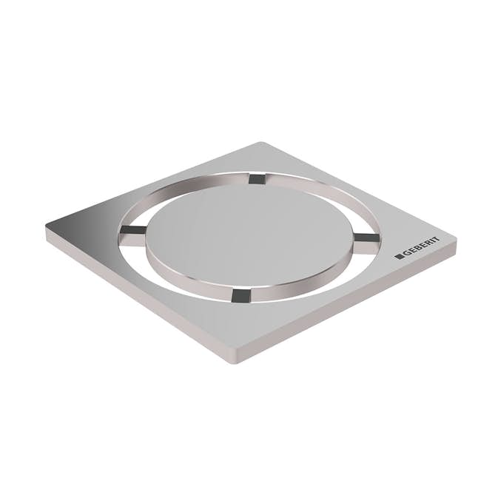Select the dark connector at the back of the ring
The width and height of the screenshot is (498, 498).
(256, 178)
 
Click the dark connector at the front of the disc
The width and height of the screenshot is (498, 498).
(238, 295)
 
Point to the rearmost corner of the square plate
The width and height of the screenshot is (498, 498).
(261, 144)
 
